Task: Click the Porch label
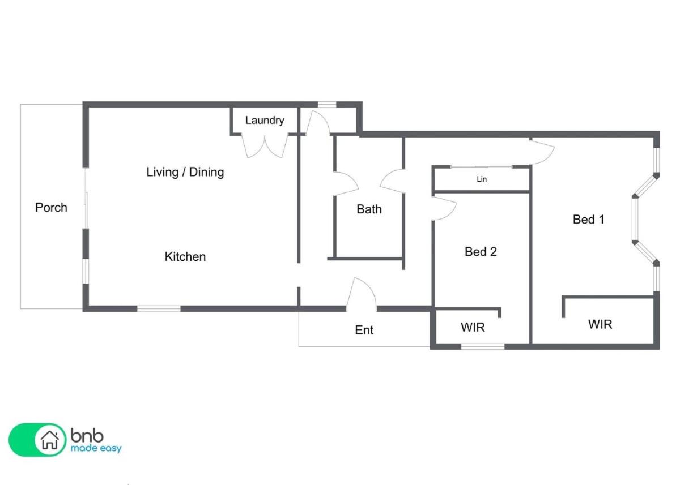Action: click(x=52, y=208)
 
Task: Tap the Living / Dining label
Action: click(x=185, y=172)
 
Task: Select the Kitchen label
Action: click(x=185, y=257)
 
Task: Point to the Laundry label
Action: click(x=265, y=121)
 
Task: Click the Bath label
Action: click(x=369, y=209)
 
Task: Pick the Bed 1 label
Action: click(x=588, y=220)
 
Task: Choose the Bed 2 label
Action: click(x=481, y=252)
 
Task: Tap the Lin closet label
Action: click(x=482, y=179)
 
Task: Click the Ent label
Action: click(x=364, y=330)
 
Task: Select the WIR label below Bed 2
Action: click(x=473, y=327)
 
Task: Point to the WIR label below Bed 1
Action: click(x=600, y=324)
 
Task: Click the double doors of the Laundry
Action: click(x=265, y=147)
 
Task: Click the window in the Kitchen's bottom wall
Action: click(x=159, y=309)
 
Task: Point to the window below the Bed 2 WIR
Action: click(x=483, y=346)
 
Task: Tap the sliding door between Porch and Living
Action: click(x=86, y=198)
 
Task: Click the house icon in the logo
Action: click(x=50, y=440)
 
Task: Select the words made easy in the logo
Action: click(x=96, y=448)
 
